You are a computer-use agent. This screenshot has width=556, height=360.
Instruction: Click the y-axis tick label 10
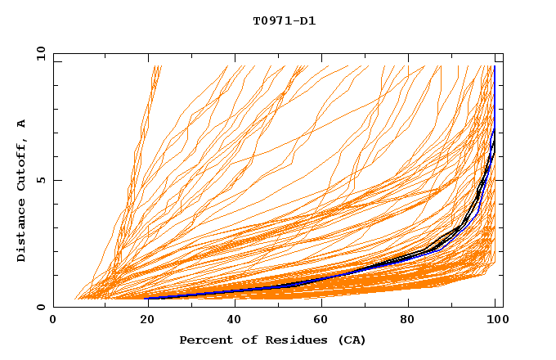click(40, 53)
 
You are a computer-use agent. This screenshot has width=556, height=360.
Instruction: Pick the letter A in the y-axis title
click(22, 124)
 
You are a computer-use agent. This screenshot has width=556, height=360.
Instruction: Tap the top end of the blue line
click(495, 66)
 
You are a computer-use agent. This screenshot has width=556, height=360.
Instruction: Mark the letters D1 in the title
click(307, 20)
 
